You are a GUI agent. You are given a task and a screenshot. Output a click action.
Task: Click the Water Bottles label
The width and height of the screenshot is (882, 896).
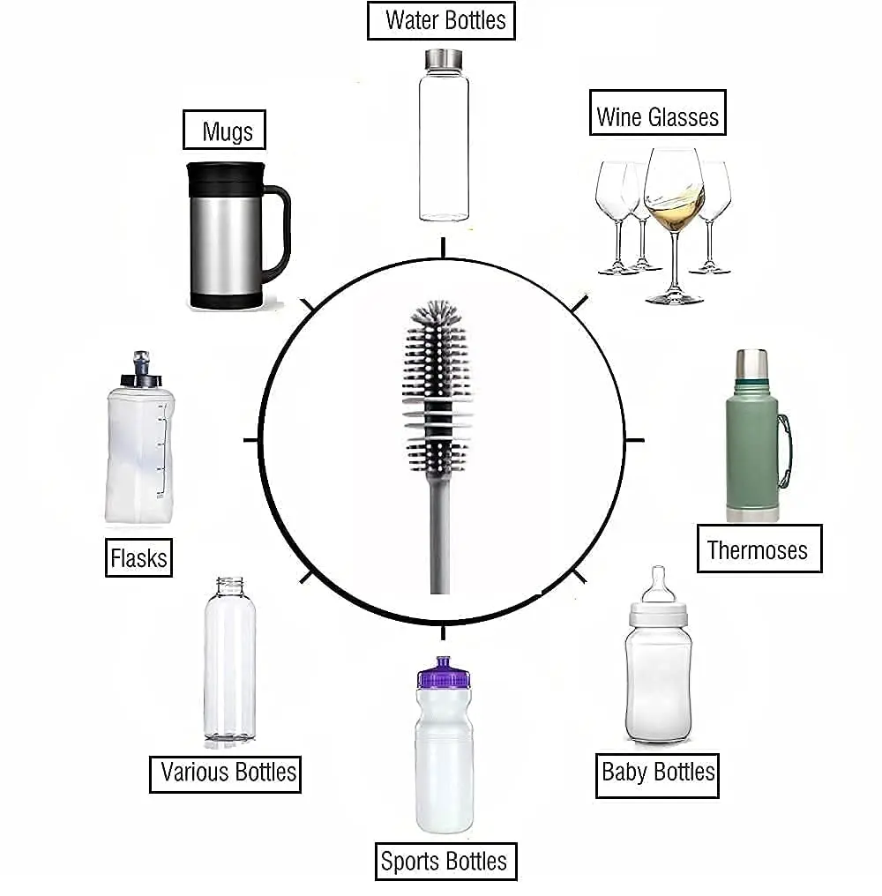tap(440, 21)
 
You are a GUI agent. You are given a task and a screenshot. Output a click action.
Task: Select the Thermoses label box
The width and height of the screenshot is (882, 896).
tap(759, 549)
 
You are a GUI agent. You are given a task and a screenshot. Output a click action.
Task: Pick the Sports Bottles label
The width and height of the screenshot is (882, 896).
tap(444, 861)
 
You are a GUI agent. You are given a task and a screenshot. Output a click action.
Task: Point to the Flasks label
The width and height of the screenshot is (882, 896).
tap(138, 557)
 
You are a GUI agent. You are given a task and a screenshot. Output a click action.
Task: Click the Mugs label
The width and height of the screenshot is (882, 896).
tap(224, 131)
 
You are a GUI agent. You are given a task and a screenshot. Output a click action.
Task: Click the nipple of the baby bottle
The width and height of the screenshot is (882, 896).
tap(657, 584)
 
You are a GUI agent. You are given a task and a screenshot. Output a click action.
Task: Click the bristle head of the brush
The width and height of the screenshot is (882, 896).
tap(438, 370)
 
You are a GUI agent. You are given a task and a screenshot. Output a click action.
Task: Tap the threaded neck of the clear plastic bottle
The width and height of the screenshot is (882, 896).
tap(229, 586)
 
